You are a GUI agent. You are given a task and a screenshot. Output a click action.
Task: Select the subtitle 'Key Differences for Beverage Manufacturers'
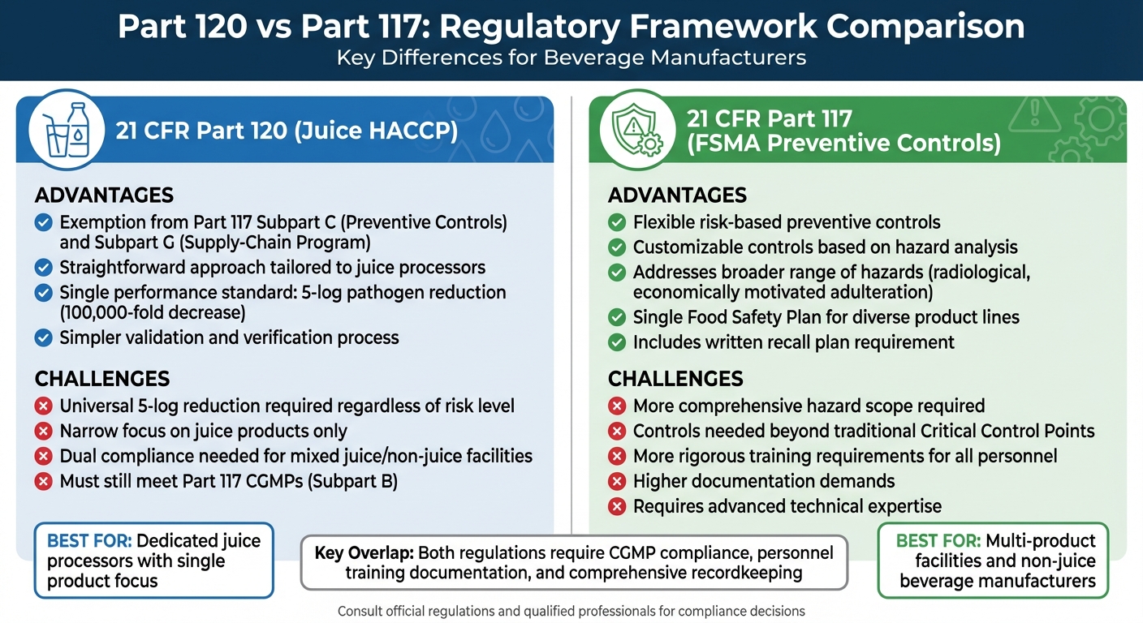coord(571,58)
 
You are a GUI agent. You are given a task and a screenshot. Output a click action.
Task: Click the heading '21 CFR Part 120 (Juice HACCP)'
coord(286,131)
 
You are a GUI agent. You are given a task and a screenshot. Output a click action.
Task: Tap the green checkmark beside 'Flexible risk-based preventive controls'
coord(617,222)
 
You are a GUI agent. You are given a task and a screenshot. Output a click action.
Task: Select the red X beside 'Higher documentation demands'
coord(617,481)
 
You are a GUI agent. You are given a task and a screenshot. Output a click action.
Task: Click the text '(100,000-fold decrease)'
coord(153,312)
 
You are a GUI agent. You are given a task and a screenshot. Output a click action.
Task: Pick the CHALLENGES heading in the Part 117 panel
coord(675,379)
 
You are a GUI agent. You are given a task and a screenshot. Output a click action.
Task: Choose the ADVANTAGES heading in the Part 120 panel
coord(104,195)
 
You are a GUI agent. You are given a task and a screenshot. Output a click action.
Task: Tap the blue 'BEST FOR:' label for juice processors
coord(89,541)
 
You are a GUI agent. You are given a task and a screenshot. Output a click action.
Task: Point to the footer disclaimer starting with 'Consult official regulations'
coord(571,611)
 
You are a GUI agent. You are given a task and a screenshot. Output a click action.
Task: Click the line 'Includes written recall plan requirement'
coord(793,342)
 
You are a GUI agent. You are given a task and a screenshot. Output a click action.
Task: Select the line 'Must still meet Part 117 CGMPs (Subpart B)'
coord(228,481)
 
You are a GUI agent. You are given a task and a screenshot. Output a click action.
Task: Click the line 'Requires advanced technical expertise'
coord(787,506)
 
